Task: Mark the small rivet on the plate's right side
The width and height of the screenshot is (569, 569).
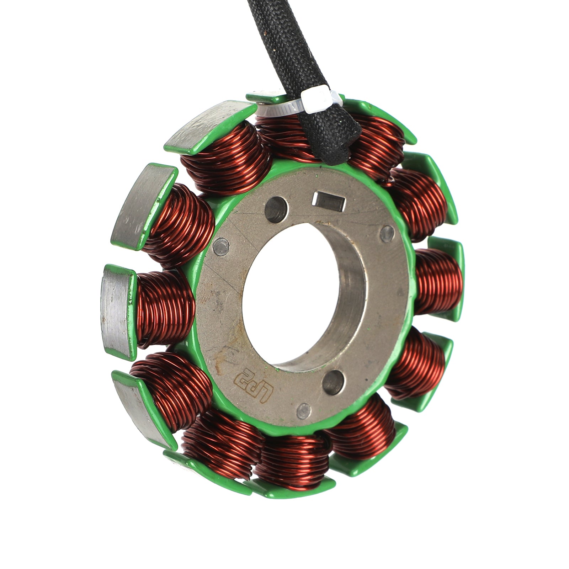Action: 387,233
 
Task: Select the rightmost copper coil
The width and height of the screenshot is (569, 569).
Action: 437,281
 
